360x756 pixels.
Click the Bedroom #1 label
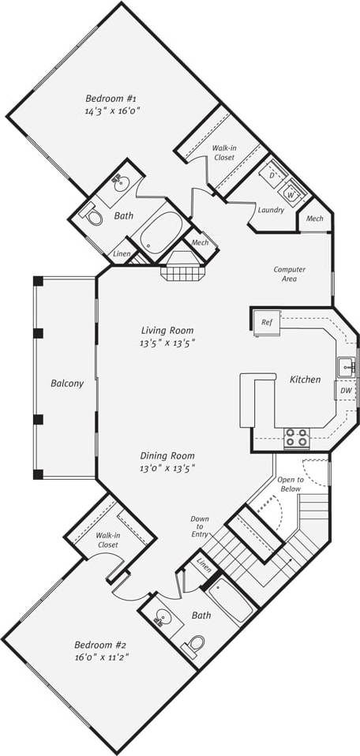[x=112, y=99]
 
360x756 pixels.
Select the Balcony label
[x=66, y=384]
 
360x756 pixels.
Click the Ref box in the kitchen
[x=266, y=322]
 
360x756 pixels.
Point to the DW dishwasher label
[x=346, y=391]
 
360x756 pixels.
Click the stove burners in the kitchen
[x=296, y=437]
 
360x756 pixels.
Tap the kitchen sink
[x=346, y=366]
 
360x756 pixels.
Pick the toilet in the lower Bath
[x=194, y=646]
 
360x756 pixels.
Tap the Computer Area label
[x=289, y=274]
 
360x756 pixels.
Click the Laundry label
[x=271, y=210]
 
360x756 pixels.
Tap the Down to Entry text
[x=200, y=527]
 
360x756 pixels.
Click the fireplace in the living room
[x=183, y=265]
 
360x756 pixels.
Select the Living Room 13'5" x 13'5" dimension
[x=167, y=342]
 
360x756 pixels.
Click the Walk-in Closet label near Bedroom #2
[x=108, y=540]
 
